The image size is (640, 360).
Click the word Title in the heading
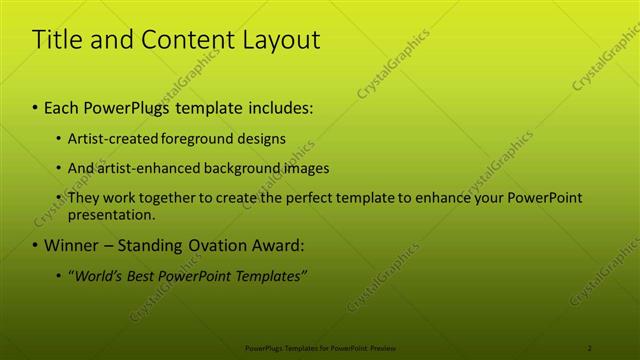[x=57, y=40]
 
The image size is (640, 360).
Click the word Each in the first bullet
[x=62, y=107]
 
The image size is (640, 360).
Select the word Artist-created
[x=108, y=138]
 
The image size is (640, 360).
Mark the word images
[x=306, y=168]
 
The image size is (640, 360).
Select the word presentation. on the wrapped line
[x=112, y=214]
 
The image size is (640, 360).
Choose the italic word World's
[x=95, y=275]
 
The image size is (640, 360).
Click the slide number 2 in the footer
[x=589, y=347]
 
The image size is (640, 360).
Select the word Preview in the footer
[x=383, y=347]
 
